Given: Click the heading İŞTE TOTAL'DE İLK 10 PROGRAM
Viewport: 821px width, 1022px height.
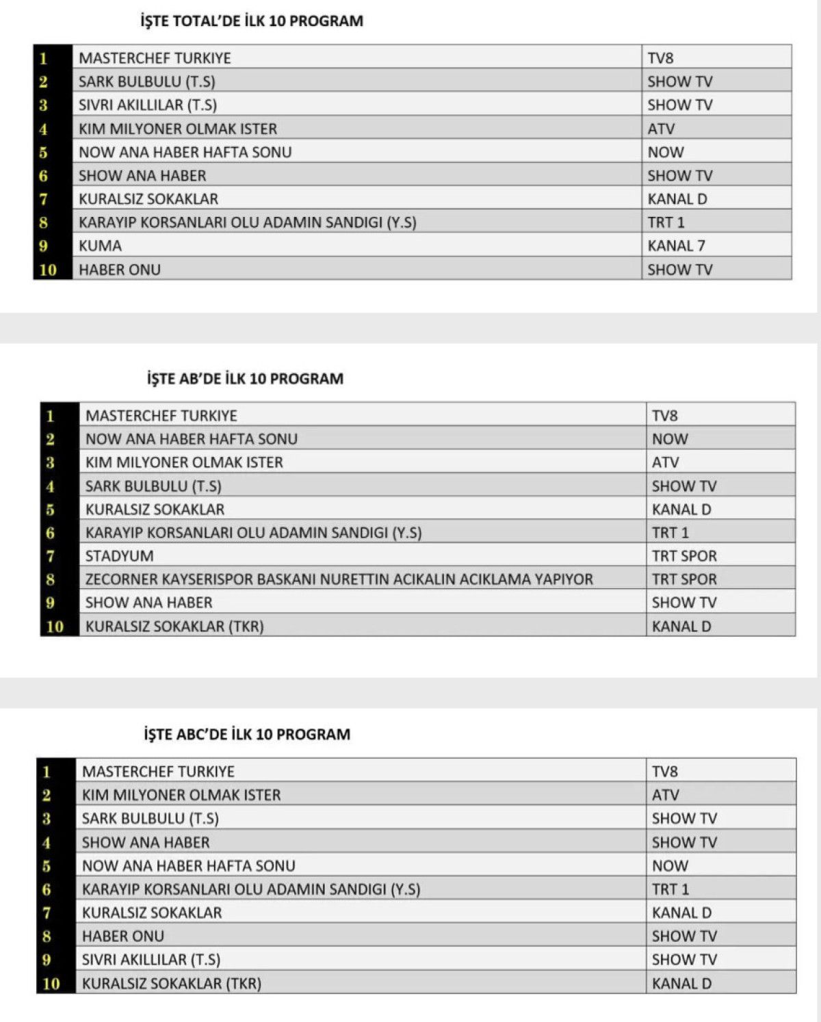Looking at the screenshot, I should pos(252,21).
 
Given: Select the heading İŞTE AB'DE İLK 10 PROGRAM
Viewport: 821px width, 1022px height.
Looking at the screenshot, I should pos(245,378).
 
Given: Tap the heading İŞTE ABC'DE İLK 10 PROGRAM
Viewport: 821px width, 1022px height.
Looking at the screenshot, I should pos(247,735).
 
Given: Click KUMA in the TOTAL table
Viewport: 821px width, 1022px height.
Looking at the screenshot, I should pos(100,246).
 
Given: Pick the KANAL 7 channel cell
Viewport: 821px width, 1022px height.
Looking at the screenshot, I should pos(676,246).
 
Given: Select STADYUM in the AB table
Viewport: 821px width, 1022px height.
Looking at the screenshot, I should pos(119,556).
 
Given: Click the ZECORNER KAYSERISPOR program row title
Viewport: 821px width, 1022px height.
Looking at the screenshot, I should pos(339,579).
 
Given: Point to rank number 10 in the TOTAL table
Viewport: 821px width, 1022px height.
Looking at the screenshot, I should pos(48,270).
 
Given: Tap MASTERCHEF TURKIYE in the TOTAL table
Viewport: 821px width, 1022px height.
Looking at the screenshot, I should pos(155,58).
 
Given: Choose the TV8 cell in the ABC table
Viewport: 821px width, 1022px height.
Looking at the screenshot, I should pos(664,772).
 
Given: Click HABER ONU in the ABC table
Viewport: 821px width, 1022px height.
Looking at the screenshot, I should pos(123,936).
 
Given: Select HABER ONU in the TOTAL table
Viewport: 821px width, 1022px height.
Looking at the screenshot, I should pos(120,270).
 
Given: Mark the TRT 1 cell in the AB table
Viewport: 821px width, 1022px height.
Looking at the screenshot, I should pos(670,533).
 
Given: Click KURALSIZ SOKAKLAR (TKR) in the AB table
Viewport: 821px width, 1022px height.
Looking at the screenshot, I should pos(174,626).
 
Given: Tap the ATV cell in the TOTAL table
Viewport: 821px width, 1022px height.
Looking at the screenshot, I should pos(661,129).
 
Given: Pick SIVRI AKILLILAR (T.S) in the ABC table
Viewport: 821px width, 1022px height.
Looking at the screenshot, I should pos(151,960).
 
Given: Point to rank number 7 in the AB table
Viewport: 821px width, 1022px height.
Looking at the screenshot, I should pos(50,556).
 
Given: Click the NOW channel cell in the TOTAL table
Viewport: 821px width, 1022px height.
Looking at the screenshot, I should pos(666,152).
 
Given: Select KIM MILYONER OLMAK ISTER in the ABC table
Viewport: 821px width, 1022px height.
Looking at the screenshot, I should pos(181,795).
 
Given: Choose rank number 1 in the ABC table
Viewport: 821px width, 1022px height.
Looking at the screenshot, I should pos(47,772).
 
